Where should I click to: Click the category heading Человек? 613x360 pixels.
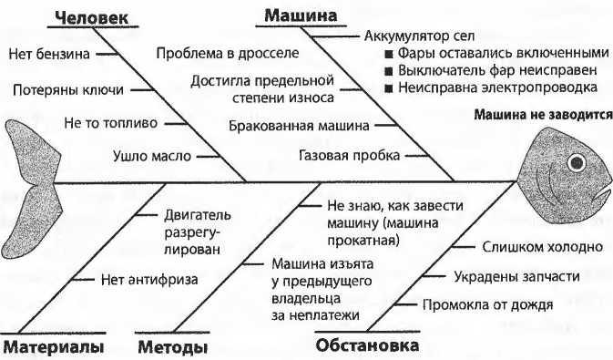pyautogui.click(x=90, y=16)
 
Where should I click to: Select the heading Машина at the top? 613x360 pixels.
pyautogui.click(x=301, y=15)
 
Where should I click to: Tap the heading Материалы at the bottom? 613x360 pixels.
pyautogui.click(x=54, y=347)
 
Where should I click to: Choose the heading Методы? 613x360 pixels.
pyautogui.click(x=173, y=347)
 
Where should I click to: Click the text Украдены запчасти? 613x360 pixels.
pyautogui.click(x=506, y=276)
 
